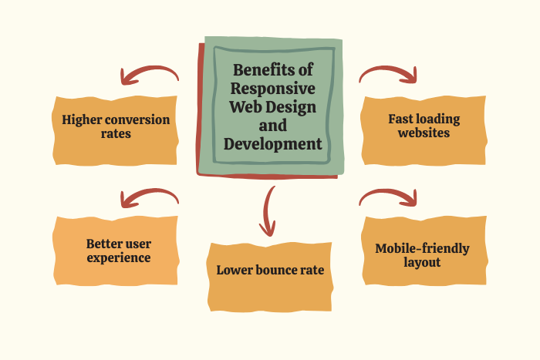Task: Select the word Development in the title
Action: click(273, 143)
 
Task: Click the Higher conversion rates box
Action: click(116, 127)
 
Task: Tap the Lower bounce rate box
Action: click(270, 271)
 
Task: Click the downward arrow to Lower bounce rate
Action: click(268, 210)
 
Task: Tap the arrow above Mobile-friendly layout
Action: click(389, 197)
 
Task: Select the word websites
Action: click(424, 133)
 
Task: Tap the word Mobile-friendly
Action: click(421, 248)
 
